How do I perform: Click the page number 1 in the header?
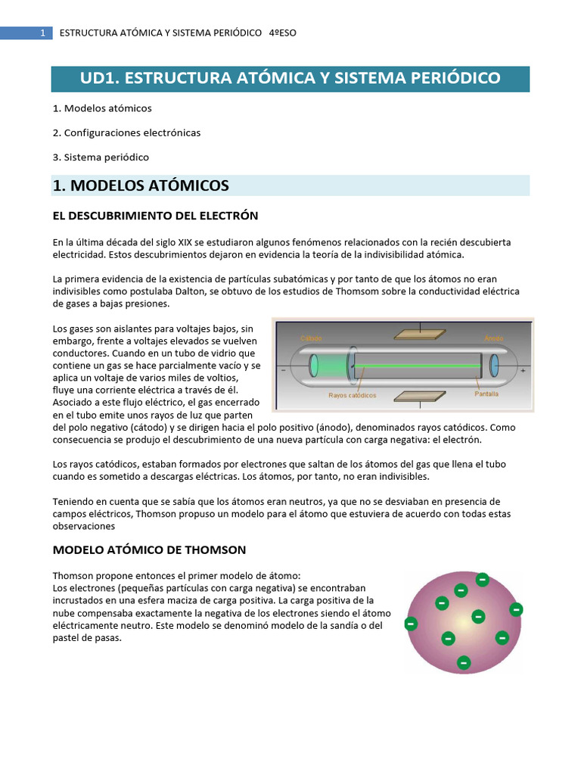pos(43,33)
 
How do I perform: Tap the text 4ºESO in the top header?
pos(283,33)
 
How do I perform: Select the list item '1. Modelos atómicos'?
pos(102,108)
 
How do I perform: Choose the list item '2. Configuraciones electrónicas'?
pos(126,132)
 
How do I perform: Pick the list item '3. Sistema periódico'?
pos(101,157)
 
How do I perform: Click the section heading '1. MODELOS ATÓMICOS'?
pos(141,185)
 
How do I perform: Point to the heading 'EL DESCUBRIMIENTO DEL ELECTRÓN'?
pos(155,216)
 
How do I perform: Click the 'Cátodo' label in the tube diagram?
pos(311,338)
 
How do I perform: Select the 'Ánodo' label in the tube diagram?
pos(495,338)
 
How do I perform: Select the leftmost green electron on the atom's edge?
pos(411,624)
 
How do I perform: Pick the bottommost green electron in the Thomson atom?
pos(464,663)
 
